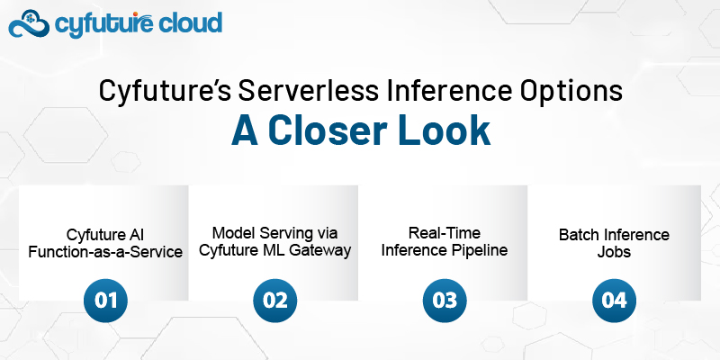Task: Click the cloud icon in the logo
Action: coord(30,24)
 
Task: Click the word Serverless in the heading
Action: coord(308,91)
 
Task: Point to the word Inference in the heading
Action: coord(448,91)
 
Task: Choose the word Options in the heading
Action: coord(571,92)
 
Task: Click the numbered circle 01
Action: coord(105,301)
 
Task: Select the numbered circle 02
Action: coord(275,301)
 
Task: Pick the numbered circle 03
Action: coord(445,301)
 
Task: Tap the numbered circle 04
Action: coord(614,301)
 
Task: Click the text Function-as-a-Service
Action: coord(105,252)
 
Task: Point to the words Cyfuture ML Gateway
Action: coord(275,251)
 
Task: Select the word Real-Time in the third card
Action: coord(444,233)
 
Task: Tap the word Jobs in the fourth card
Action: coord(614,252)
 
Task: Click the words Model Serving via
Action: coord(275,233)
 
